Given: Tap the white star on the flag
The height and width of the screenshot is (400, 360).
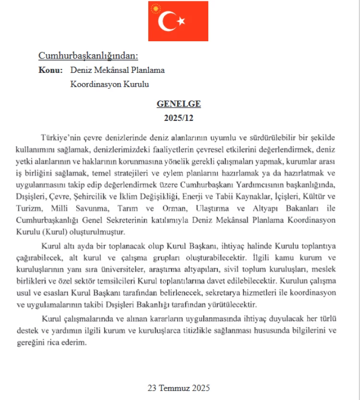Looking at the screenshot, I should click(181, 21).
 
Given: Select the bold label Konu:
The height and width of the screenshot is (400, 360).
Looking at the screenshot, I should click(50, 70).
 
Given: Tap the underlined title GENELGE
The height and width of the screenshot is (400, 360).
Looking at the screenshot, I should click(179, 104).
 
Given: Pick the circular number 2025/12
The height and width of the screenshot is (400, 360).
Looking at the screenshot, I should click(179, 117).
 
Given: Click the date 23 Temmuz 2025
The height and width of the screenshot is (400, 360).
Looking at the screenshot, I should click(179, 388).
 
